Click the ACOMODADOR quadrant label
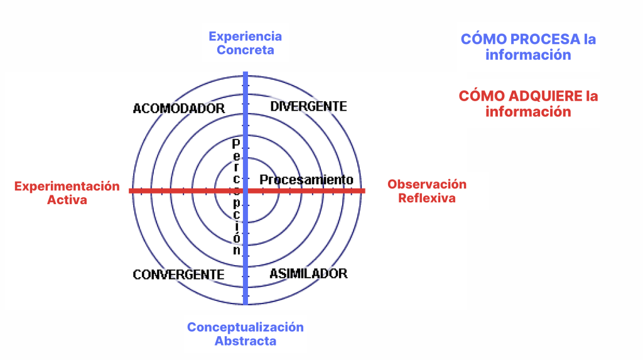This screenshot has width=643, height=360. (179, 108)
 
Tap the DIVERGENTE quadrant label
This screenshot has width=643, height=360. (308, 106)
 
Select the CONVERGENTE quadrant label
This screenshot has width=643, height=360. (178, 274)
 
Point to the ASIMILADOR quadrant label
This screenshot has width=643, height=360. (308, 273)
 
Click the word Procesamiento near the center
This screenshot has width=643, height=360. (306, 180)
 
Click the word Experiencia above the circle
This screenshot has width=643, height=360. (246, 36)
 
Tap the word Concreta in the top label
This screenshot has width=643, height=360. (246, 50)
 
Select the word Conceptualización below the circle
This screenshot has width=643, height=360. (246, 327)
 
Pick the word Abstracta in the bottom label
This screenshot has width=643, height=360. (246, 341)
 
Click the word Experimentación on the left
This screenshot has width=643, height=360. (67, 186)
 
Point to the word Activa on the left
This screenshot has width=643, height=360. (67, 200)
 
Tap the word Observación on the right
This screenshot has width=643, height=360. (427, 184)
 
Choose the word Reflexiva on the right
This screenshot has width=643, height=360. (427, 199)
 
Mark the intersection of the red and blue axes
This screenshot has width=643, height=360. (246, 191)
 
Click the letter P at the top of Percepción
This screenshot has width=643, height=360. (236, 144)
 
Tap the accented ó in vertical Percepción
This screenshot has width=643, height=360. (236, 237)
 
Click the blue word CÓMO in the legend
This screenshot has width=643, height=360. (484, 40)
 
